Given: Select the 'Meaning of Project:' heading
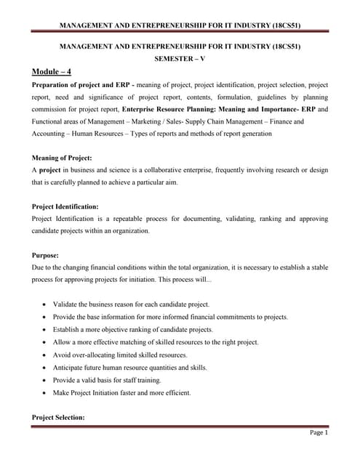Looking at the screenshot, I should coord(67,158).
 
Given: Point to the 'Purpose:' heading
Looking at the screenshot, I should coord(47,255).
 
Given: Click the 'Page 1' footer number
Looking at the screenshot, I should coord(319,433).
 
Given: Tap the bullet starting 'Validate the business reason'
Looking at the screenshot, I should coord(131,304).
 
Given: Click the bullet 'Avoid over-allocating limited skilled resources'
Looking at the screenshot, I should coord(140,355).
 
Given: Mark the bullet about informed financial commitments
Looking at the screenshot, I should coord(170,317).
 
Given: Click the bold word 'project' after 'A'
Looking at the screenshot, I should coord(50,170).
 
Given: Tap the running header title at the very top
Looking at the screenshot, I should coord(179,26).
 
